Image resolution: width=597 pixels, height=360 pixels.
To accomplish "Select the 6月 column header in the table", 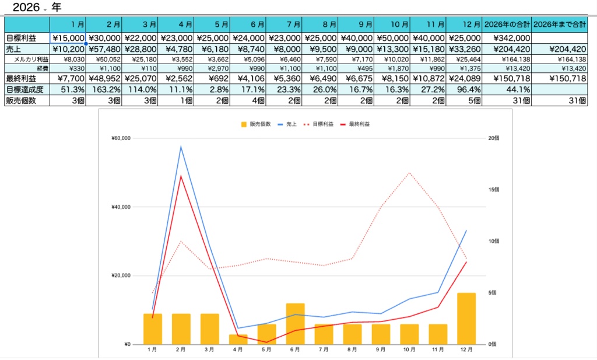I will [248, 25].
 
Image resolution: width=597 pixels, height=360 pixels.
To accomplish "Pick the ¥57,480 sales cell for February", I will [105, 49].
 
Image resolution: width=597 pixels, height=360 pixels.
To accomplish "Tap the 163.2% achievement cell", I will [105, 89].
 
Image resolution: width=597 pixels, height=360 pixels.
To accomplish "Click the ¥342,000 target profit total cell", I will [507, 38].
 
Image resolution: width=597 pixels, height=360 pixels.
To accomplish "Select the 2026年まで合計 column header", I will [560, 25].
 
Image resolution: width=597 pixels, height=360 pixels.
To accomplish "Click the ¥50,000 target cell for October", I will [392, 38].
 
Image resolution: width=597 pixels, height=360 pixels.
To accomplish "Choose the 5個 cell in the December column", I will [464, 100].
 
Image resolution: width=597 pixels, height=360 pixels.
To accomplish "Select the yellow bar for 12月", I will [466, 318].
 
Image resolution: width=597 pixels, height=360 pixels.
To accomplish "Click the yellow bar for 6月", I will [296, 323].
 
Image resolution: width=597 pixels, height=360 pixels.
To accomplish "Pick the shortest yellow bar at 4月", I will [238, 339].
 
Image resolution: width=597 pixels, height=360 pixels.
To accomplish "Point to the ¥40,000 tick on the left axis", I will [120, 207].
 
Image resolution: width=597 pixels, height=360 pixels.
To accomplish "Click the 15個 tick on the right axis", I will [493, 190].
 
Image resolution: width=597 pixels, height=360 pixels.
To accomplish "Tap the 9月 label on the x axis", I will [381, 349].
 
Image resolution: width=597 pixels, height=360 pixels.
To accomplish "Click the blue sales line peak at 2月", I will [181, 146].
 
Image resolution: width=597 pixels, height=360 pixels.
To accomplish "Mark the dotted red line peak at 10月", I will [410, 173].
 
